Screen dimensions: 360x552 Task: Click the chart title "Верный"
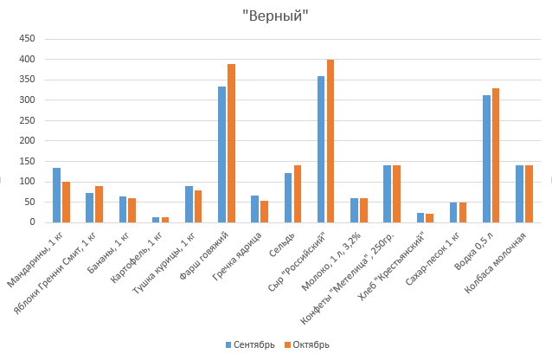point(276,16)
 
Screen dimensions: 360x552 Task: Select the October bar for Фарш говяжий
point(231,144)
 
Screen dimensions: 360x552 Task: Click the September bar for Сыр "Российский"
point(321,149)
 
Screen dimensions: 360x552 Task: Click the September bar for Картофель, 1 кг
point(156,220)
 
